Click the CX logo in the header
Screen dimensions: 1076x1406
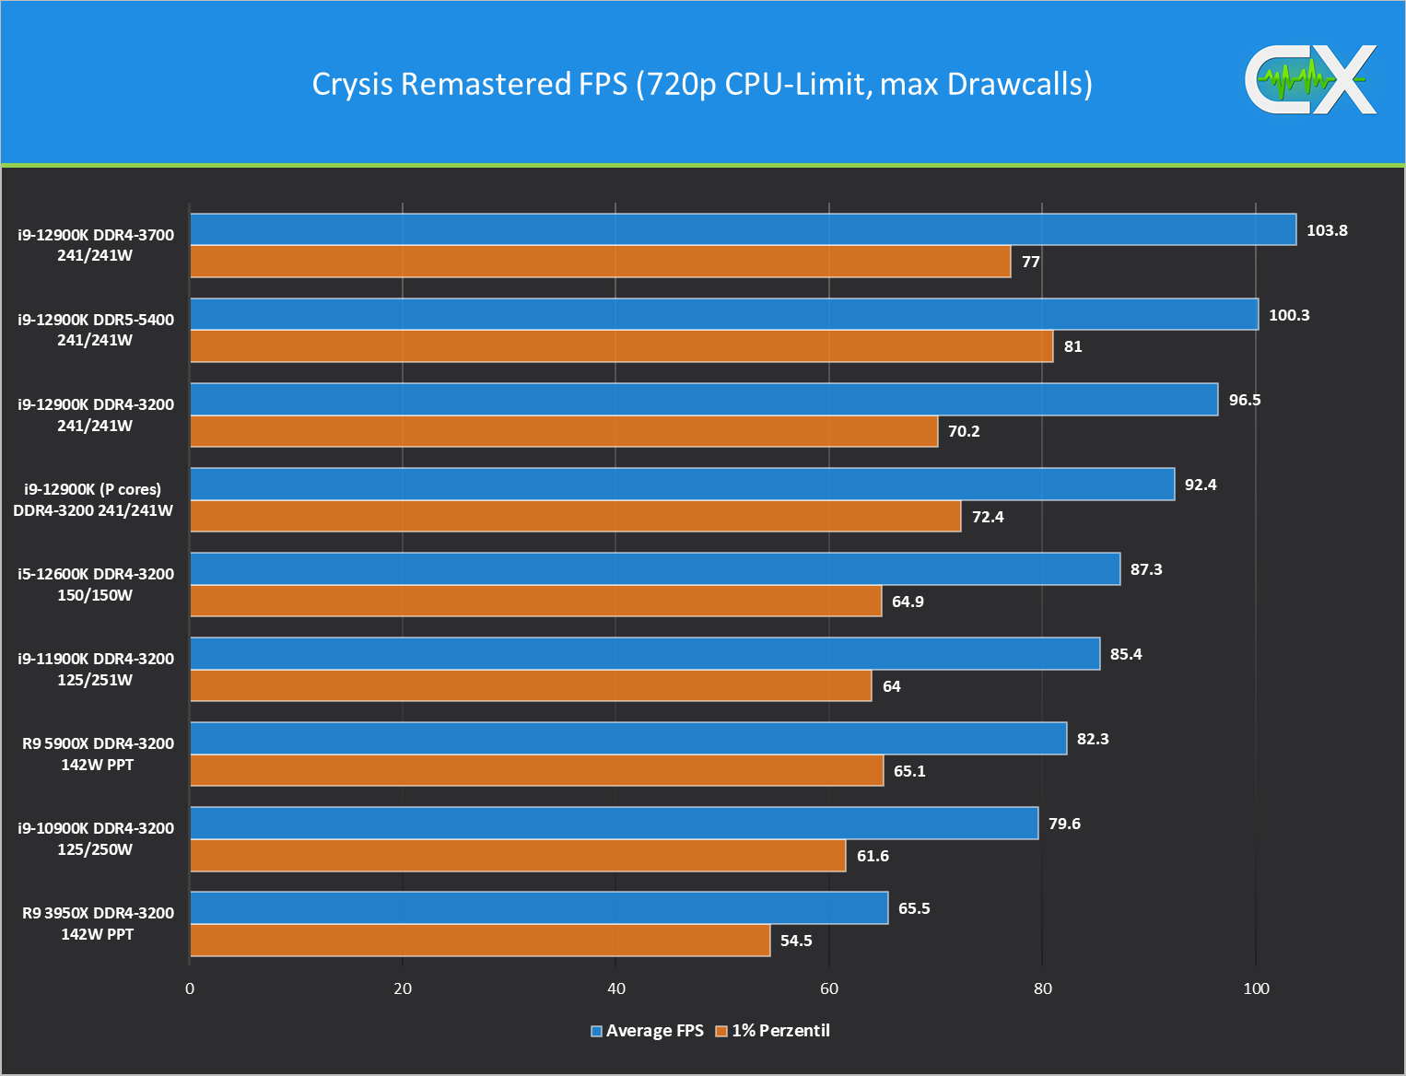tap(1310, 80)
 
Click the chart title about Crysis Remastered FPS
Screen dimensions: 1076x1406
tap(702, 84)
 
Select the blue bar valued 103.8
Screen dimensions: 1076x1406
tap(743, 229)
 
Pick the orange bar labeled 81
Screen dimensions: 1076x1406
tap(621, 346)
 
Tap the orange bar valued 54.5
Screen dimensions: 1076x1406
tap(480, 941)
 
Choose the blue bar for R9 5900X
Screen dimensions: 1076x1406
tap(628, 739)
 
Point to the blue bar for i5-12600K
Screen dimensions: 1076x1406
tap(655, 569)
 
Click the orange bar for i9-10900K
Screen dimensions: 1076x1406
tap(518, 856)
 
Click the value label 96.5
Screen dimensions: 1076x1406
tap(1245, 400)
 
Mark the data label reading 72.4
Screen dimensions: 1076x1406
tap(988, 517)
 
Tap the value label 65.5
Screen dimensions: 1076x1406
tap(914, 908)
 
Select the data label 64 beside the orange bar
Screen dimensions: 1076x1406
tap(892, 686)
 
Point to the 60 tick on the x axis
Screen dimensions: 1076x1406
tap(829, 988)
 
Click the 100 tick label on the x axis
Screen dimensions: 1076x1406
tap(1256, 988)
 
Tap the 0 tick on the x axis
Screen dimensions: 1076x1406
tap(190, 988)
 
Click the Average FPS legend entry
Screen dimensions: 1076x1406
tap(648, 1031)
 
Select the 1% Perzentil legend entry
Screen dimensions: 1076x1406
tap(774, 1031)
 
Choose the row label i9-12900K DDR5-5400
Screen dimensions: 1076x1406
tap(96, 330)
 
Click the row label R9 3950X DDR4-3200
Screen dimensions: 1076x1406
tap(98, 923)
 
